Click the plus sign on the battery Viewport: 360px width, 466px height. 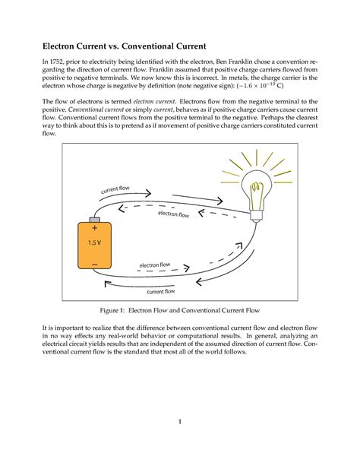pyautogui.click(x=94, y=227)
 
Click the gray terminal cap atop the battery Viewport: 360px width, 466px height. pyautogui.click(x=94, y=218)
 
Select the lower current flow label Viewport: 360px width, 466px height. pyautogui.click(x=161, y=291)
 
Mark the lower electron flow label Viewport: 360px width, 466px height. pyautogui.click(x=155, y=265)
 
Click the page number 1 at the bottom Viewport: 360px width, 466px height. pyautogui.click(x=179, y=422)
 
